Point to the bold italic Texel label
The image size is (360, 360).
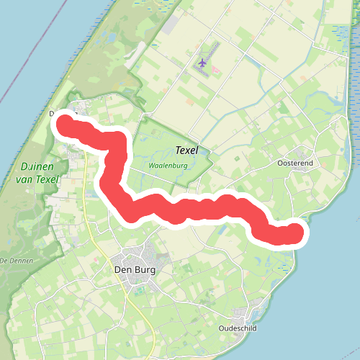click(186, 151)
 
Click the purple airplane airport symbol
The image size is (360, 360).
click(202, 66)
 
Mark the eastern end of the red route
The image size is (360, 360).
click(295, 233)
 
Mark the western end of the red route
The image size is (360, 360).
click(66, 122)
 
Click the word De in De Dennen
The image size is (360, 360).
click(4, 259)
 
